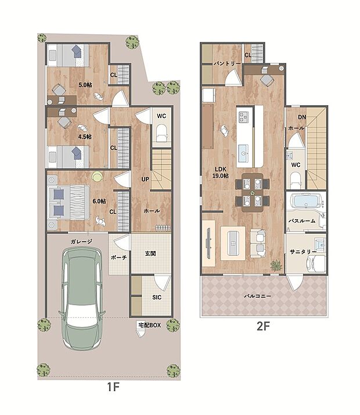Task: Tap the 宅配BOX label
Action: (x=150, y=325)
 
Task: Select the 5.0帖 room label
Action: (x=85, y=85)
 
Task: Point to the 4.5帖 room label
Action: (x=85, y=137)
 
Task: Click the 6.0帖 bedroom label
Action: (x=99, y=201)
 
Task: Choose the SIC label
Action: (x=157, y=297)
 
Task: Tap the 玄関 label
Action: (x=150, y=253)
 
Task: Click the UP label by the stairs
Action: (x=145, y=179)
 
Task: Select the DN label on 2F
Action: (x=302, y=117)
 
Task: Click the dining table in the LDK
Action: (x=253, y=192)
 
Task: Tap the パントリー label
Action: (x=227, y=63)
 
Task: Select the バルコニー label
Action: (x=258, y=296)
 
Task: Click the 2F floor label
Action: (x=263, y=326)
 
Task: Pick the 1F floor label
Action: (x=113, y=387)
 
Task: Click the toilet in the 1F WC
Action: (x=162, y=134)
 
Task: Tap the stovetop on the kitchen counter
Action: (x=243, y=117)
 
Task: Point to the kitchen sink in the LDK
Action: (x=243, y=153)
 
